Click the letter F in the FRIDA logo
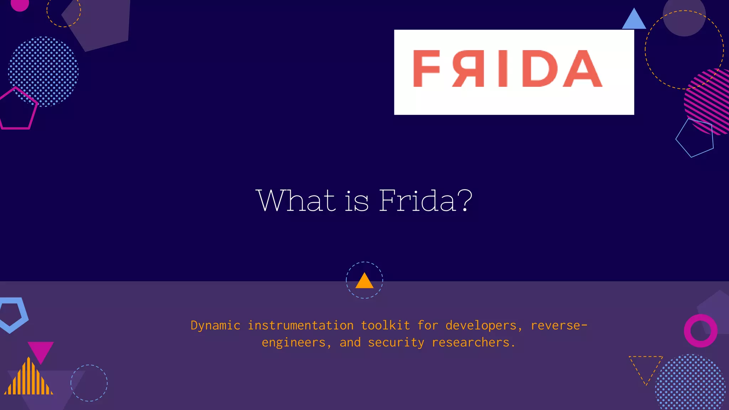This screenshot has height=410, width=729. click(426, 68)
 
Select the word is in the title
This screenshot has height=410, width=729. click(357, 201)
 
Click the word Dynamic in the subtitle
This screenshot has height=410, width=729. click(215, 326)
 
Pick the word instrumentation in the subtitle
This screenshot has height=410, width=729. click(300, 326)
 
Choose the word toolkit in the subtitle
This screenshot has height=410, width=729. click(385, 326)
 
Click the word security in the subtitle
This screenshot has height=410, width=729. click(396, 343)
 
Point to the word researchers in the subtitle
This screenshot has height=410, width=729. click(473, 343)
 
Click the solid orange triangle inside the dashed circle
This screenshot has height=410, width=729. click(364, 282)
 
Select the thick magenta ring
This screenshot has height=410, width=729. click(701, 331)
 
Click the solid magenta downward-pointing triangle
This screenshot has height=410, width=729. click(41, 350)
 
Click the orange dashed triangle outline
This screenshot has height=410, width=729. click(646, 367)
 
